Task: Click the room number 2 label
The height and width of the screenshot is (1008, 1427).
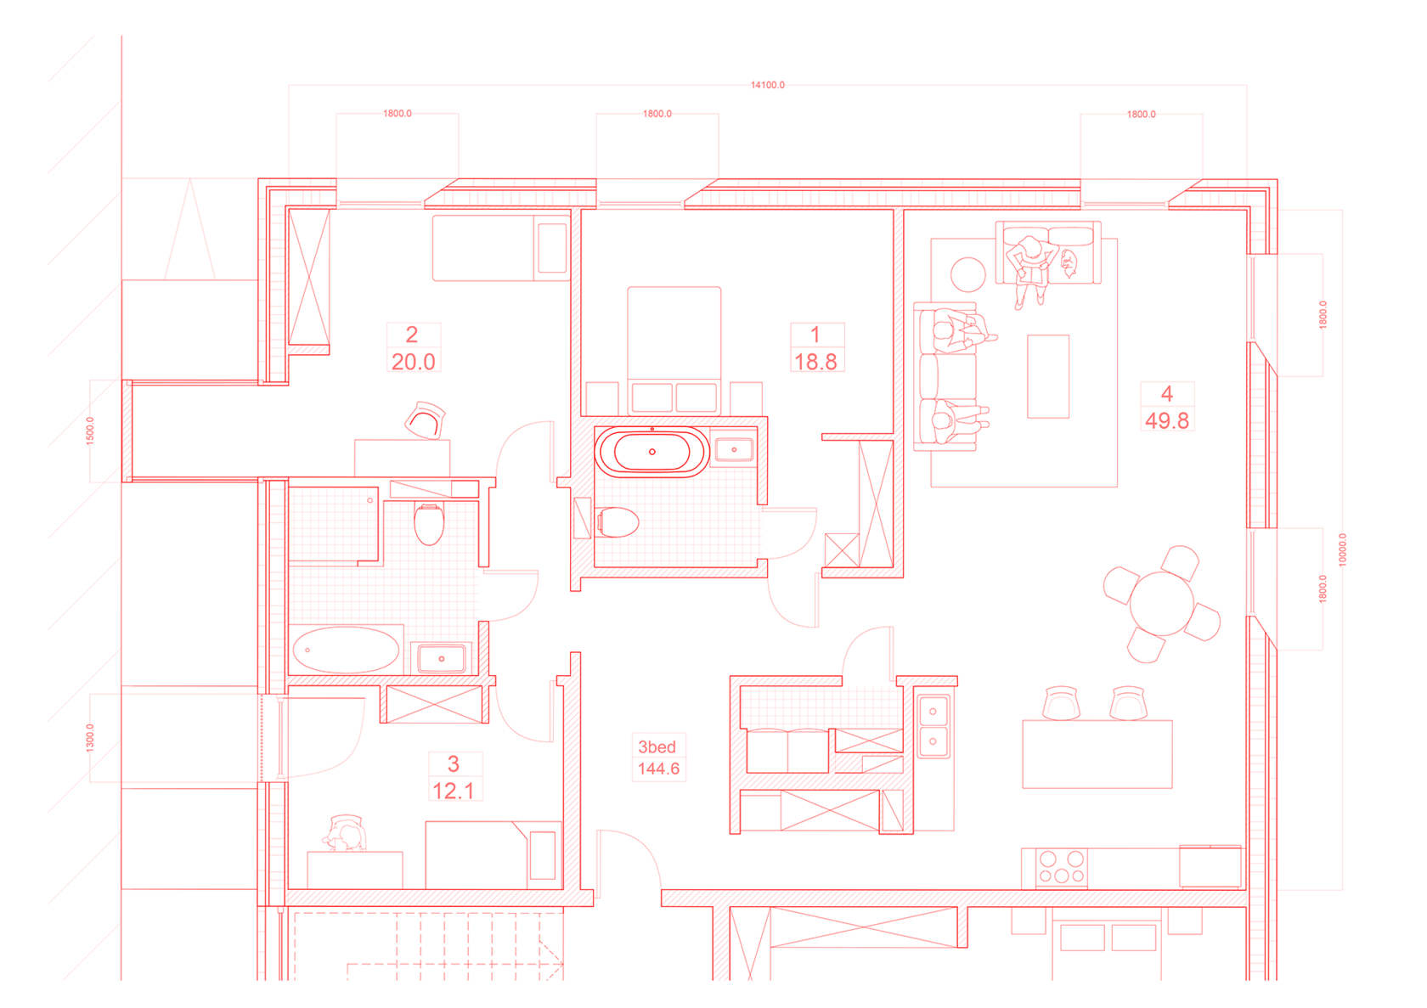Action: (x=412, y=334)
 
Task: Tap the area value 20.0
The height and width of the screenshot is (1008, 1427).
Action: (x=414, y=361)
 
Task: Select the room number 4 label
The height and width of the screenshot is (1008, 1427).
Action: (x=1167, y=393)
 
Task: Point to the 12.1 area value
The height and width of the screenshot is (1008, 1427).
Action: (x=454, y=791)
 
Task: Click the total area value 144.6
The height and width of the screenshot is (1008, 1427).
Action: (x=658, y=769)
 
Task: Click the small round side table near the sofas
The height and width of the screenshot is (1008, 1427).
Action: (x=967, y=274)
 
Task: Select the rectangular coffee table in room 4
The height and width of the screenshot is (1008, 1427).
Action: (x=1048, y=376)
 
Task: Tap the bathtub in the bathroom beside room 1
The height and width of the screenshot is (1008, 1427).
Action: (x=651, y=452)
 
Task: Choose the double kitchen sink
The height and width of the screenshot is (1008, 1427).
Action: (x=933, y=724)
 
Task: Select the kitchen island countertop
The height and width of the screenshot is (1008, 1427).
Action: (x=1097, y=754)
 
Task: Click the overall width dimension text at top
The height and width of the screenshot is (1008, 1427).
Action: (x=768, y=85)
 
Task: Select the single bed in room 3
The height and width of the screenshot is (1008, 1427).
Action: (x=492, y=854)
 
